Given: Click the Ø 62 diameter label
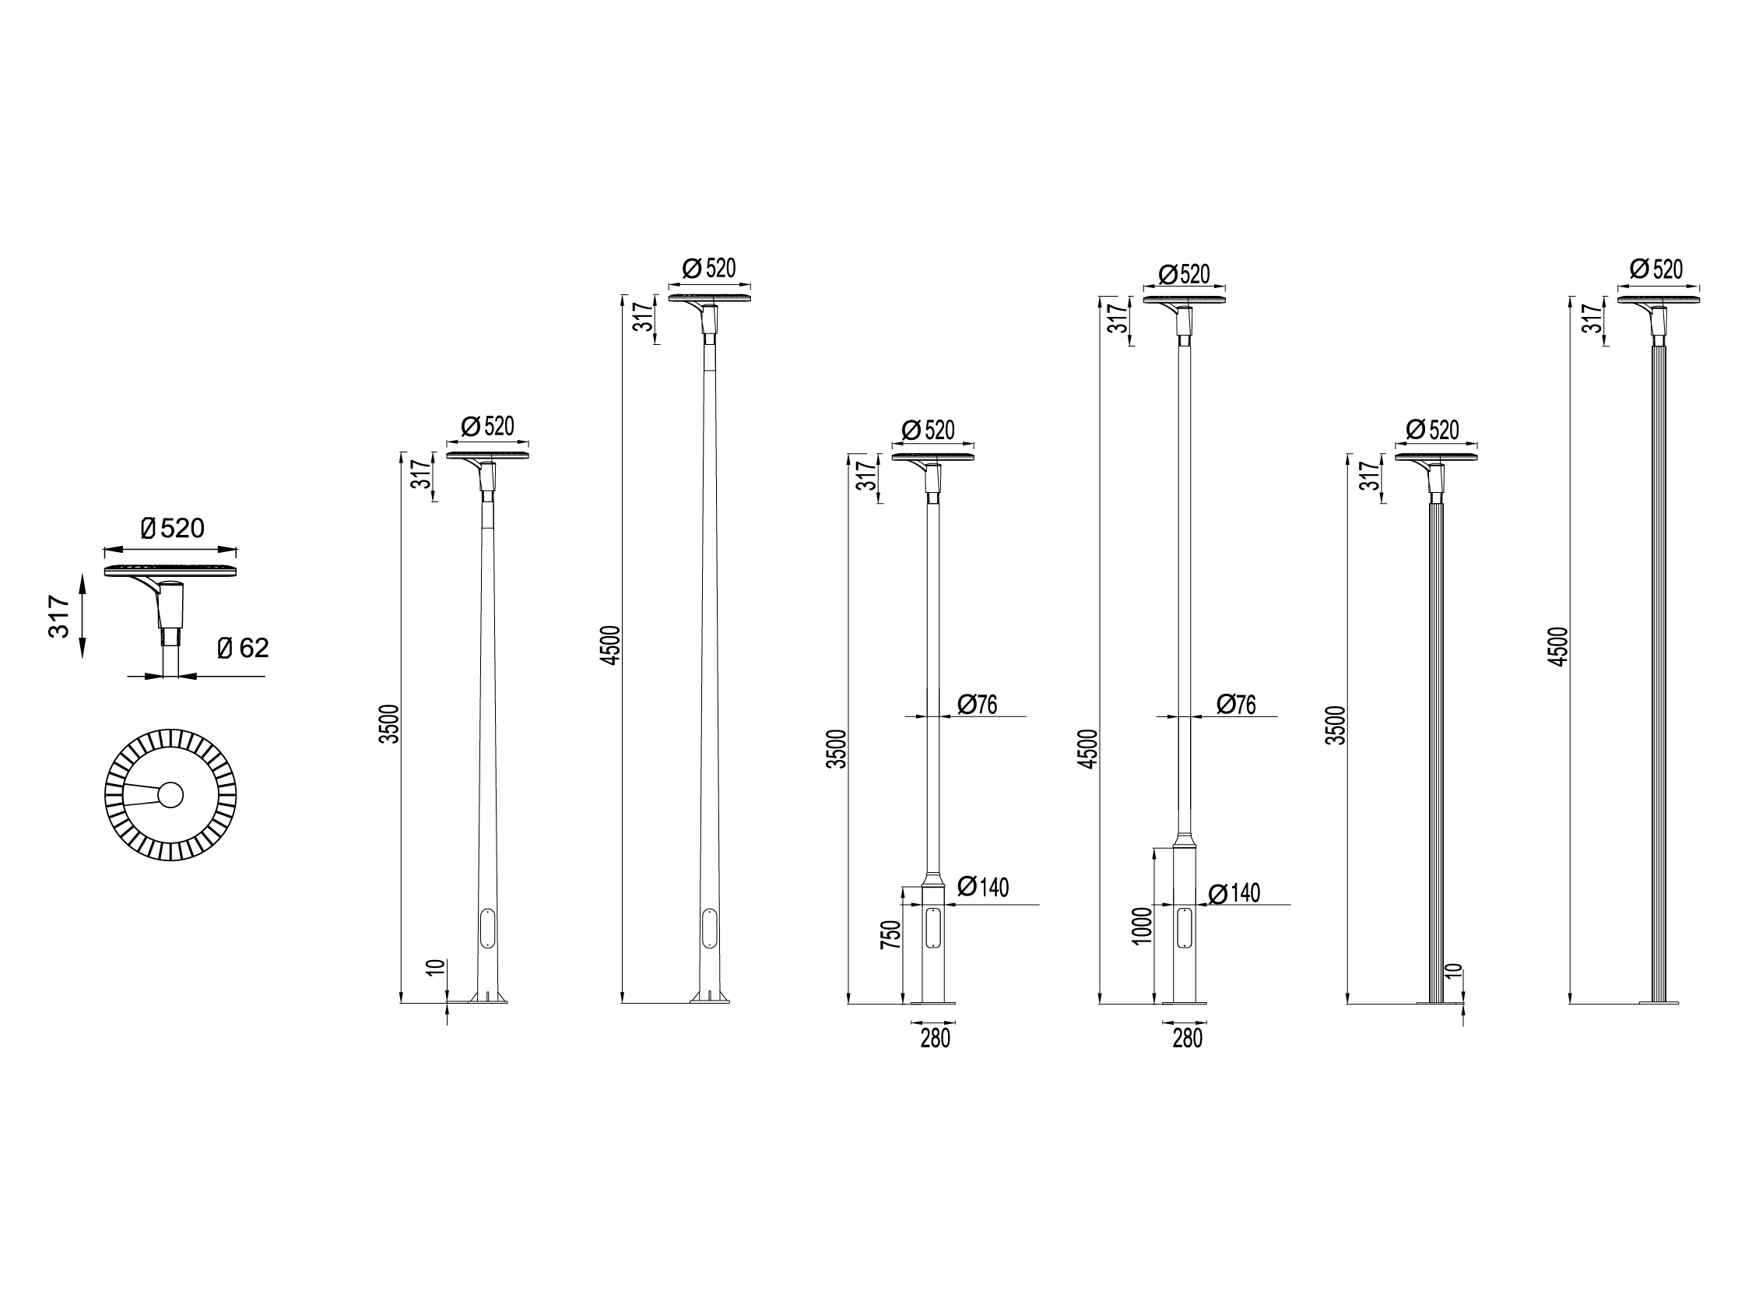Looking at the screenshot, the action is pyautogui.click(x=243, y=648).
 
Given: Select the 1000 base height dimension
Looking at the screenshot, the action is pyautogui.click(x=1142, y=926).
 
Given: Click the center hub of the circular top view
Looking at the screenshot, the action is pyautogui.click(x=170, y=794).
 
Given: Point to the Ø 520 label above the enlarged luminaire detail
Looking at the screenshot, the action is pyautogui.click(x=172, y=528).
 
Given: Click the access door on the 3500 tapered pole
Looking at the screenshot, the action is pyautogui.click(x=486, y=928).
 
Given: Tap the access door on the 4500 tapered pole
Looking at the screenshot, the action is pyautogui.click(x=709, y=928).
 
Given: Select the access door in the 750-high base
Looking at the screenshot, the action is pyautogui.click(x=933, y=928).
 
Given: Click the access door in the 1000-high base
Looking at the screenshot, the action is pyautogui.click(x=1184, y=928).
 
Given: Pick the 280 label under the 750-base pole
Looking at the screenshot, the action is pyautogui.click(x=935, y=1039).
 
